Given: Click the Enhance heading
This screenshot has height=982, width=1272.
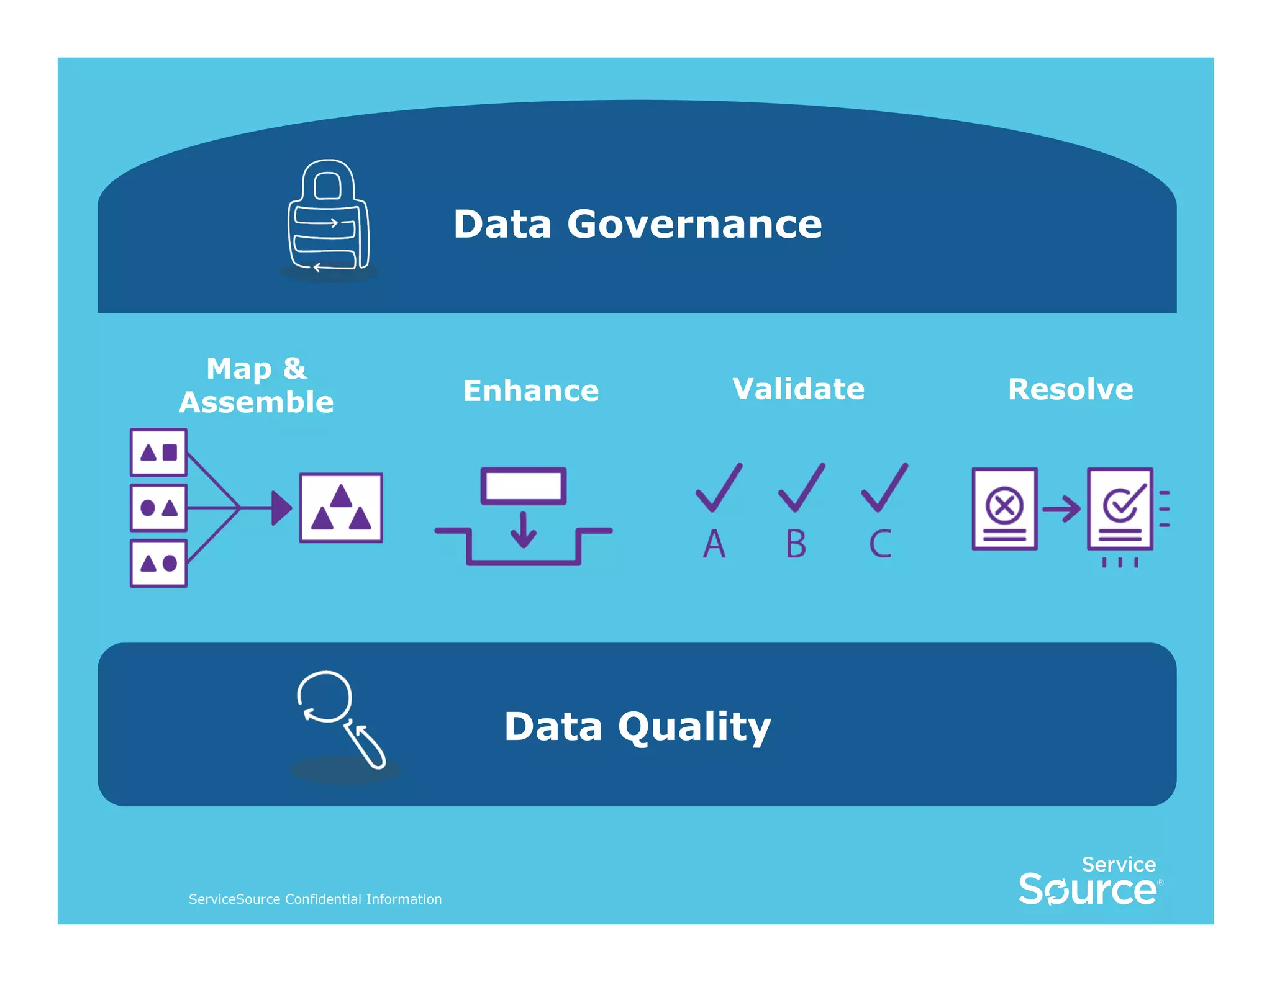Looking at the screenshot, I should pos(531,390).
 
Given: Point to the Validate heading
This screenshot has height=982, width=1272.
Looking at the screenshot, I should pos(798,389).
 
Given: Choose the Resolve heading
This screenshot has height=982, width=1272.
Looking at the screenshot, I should pos(1070,389).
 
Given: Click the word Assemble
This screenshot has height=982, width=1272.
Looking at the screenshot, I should pos(257,402).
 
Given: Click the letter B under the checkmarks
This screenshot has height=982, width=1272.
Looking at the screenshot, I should pos(796,544).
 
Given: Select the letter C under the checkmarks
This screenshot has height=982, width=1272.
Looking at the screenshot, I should pos(880,544).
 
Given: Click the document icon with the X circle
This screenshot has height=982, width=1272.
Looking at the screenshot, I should pos(1004,508).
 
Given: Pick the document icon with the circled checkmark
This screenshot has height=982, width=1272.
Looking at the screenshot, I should pos(1120,508).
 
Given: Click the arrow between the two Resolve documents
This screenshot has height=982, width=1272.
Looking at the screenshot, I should pos(1061,509).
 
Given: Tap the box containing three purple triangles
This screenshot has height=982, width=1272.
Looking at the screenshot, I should pos(341,508).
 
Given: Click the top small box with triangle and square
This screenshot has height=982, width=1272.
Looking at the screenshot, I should pos(158,452).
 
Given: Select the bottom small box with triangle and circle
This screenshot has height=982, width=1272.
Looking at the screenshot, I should pos(158,564).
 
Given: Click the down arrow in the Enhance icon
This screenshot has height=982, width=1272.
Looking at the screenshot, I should pos(524,529).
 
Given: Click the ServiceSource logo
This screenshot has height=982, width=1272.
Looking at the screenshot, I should pos(1090,881).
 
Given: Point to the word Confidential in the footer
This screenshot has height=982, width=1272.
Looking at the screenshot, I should pos(323,899).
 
